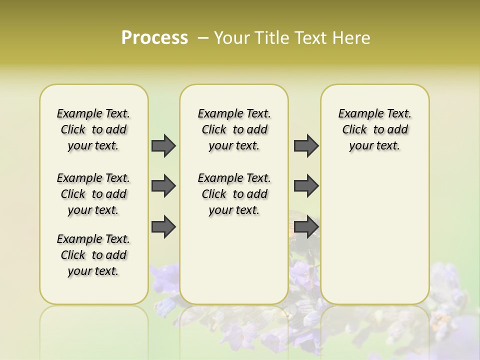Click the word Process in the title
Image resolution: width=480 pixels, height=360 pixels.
click(154, 37)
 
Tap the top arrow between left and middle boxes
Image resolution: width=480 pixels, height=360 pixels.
click(163, 145)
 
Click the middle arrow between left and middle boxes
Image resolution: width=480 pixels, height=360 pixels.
click(163, 186)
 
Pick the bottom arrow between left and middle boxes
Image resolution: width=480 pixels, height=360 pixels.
click(163, 226)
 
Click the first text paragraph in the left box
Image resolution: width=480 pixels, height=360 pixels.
click(93, 129)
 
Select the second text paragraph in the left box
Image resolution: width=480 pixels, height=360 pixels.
click(93, 194)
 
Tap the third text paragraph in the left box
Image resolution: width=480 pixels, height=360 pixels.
click(93, 255)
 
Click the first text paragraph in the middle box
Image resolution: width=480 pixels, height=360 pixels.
click(234, 129)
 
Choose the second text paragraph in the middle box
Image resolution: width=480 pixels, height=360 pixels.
click(234, 194)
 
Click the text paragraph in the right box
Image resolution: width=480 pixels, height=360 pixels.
click(374, 129)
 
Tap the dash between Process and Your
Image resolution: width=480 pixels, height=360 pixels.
click(203, 38)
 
